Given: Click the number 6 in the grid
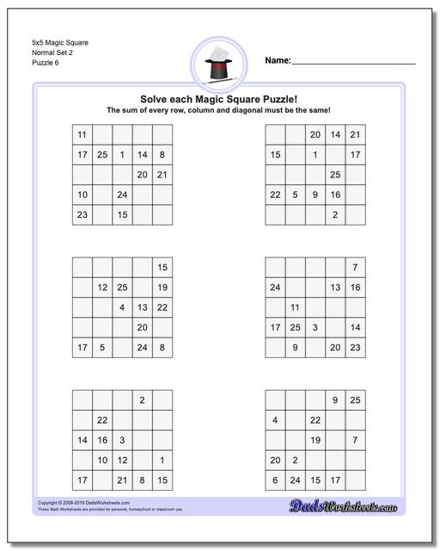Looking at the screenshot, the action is (275, 480).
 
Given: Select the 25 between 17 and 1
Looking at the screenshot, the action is (102, 155).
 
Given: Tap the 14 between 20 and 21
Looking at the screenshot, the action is (335, 134).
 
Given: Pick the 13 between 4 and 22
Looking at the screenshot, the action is (143, 307).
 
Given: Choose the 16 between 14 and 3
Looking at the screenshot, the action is (102, 440).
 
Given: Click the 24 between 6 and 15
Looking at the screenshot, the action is (295, 480).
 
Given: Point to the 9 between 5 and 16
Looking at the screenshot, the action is (315, 195).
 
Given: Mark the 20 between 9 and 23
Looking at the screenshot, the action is (335, 348).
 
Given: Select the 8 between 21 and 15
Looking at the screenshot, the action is (143, 480).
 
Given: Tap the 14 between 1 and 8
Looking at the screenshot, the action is (143, 155).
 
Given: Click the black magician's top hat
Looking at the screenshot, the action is (220, 65).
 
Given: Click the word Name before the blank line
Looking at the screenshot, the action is (277, 61).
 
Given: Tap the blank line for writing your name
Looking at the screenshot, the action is (353, 63).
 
